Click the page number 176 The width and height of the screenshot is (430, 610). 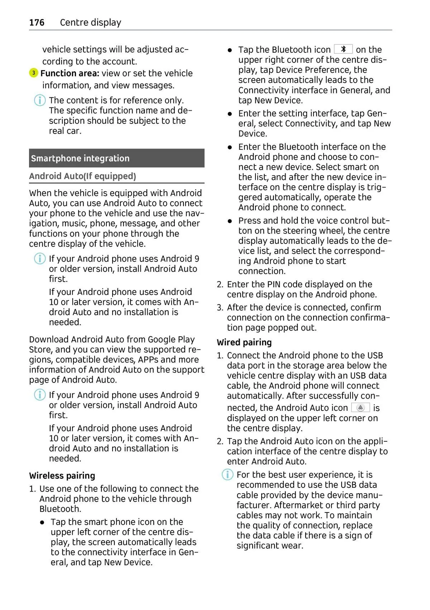pos(37,23)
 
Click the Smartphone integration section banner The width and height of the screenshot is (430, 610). pos(116,158)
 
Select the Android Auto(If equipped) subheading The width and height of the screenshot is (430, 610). pos(82,176)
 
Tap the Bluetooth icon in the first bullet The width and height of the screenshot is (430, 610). pos(343,49)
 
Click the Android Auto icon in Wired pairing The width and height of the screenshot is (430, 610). pos(360,408)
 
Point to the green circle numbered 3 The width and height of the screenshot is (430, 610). pos(33,73)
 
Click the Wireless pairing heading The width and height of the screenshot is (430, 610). pos(62,476)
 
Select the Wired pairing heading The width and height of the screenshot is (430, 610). pos(244,342)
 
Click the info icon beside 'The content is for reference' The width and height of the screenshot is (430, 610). pos(40,100)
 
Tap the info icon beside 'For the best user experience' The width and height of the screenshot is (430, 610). pos(227,475)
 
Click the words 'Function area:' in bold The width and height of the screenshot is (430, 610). pos(70,73)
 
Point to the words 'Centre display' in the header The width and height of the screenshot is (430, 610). pos(90,23)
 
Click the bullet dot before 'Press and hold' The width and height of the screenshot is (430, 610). pos(230,221)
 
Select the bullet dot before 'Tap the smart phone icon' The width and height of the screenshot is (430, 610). pos(42,523)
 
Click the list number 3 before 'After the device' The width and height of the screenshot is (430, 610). pos(220,308)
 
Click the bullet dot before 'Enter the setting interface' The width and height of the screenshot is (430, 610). pos(230,114)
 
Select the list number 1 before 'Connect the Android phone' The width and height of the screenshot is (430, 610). pos(220,356)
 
